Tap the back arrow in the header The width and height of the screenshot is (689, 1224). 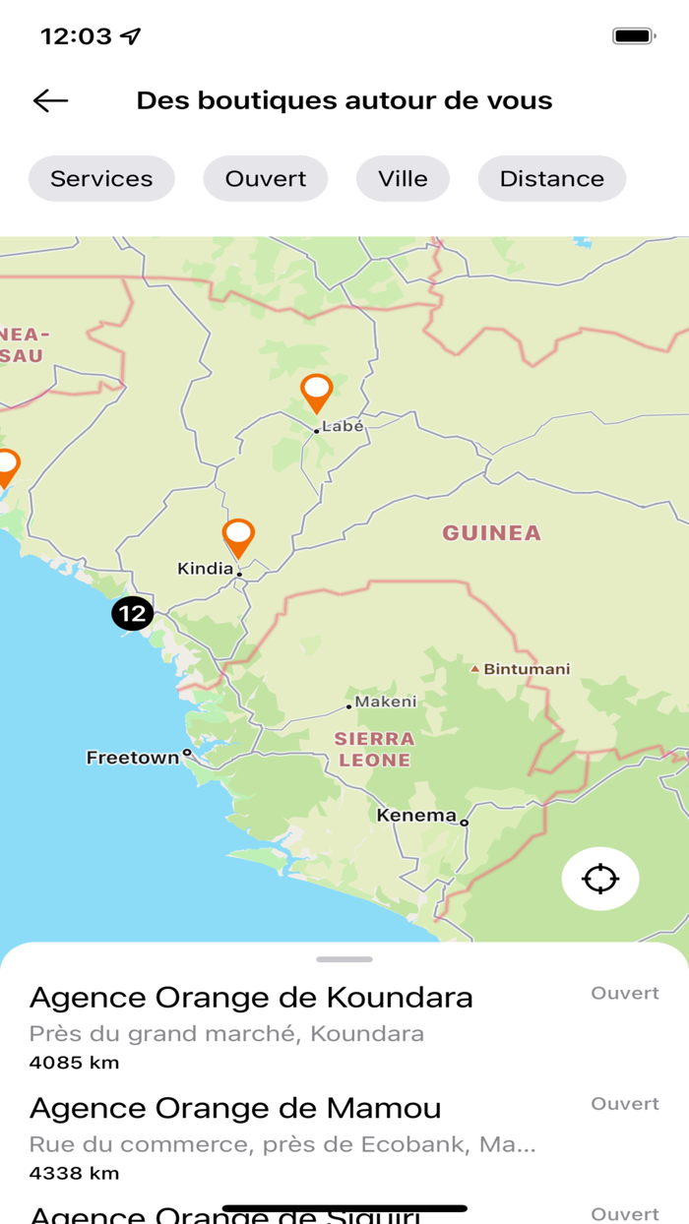pos(50,100)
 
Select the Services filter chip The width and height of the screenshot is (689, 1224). pos(101,179)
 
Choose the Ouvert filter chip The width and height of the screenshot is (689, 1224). pos(265,179)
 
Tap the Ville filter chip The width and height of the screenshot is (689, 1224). pos(403,179)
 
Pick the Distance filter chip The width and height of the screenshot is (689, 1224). pos(551,179)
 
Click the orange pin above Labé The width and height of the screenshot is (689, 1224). pos(316,393)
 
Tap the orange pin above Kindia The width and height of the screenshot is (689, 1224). pos(238,537)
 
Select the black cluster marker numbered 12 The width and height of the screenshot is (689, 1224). pos(132,614)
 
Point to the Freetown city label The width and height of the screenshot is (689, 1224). pos(133,758)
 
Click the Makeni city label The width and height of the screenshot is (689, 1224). pos(385,702)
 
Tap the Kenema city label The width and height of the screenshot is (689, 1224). pos(416,815)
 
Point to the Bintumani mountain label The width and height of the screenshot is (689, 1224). pos(527,669)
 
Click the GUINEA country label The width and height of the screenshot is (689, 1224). pos(491,533)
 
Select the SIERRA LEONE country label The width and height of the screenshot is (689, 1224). pos(374,749)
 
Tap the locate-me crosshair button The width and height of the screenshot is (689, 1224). pos(600,878)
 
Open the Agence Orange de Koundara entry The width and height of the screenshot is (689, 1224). pos(251,998)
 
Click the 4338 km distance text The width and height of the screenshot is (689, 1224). pos(74,1173)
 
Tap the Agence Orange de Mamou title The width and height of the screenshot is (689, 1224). pos(235,1108)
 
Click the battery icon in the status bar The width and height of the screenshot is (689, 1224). pos(633,36)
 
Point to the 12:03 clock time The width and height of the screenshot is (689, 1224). pos(76,36)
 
